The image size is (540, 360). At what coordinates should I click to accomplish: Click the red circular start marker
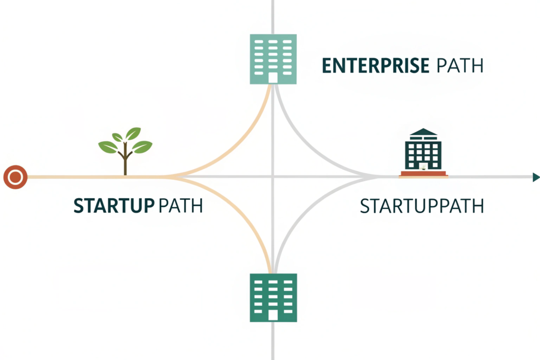coord(15,177)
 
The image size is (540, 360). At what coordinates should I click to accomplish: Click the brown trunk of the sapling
coord(125,160)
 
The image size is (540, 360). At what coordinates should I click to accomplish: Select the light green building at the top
coord(273,59)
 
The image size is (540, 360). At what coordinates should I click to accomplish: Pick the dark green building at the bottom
coord(273,298)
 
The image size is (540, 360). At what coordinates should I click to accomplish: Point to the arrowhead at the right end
coord(536,177)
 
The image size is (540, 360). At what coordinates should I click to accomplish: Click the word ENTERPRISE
coord(375,66)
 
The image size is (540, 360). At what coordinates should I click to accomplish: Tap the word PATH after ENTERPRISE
coord(460,66)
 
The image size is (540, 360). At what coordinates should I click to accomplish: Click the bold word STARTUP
coord(114,206)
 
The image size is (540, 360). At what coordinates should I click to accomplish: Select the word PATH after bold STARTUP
coord(181,206)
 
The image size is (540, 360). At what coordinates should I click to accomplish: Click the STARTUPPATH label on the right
coord(422,206)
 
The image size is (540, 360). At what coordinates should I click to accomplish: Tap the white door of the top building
coord(273,78)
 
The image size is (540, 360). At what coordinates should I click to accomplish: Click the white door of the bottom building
coord(273,315)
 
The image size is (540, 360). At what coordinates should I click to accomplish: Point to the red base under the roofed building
coord(423,174)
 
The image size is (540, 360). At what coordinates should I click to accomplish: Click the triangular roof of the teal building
coord(423,132)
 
